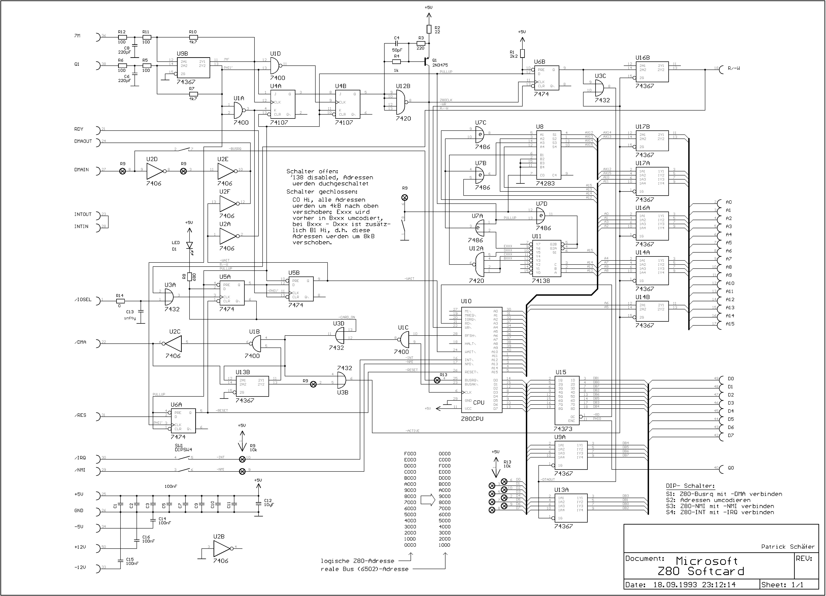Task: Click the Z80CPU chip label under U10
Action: [x=472, y=419]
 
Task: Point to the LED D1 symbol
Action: [x=189, y=245]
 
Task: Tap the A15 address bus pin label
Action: [x=730, y=324]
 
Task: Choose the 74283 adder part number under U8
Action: [x=545, y=184]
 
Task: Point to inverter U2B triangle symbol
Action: [x=221, y=547]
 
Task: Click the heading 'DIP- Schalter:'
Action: [x=690, y=486]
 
